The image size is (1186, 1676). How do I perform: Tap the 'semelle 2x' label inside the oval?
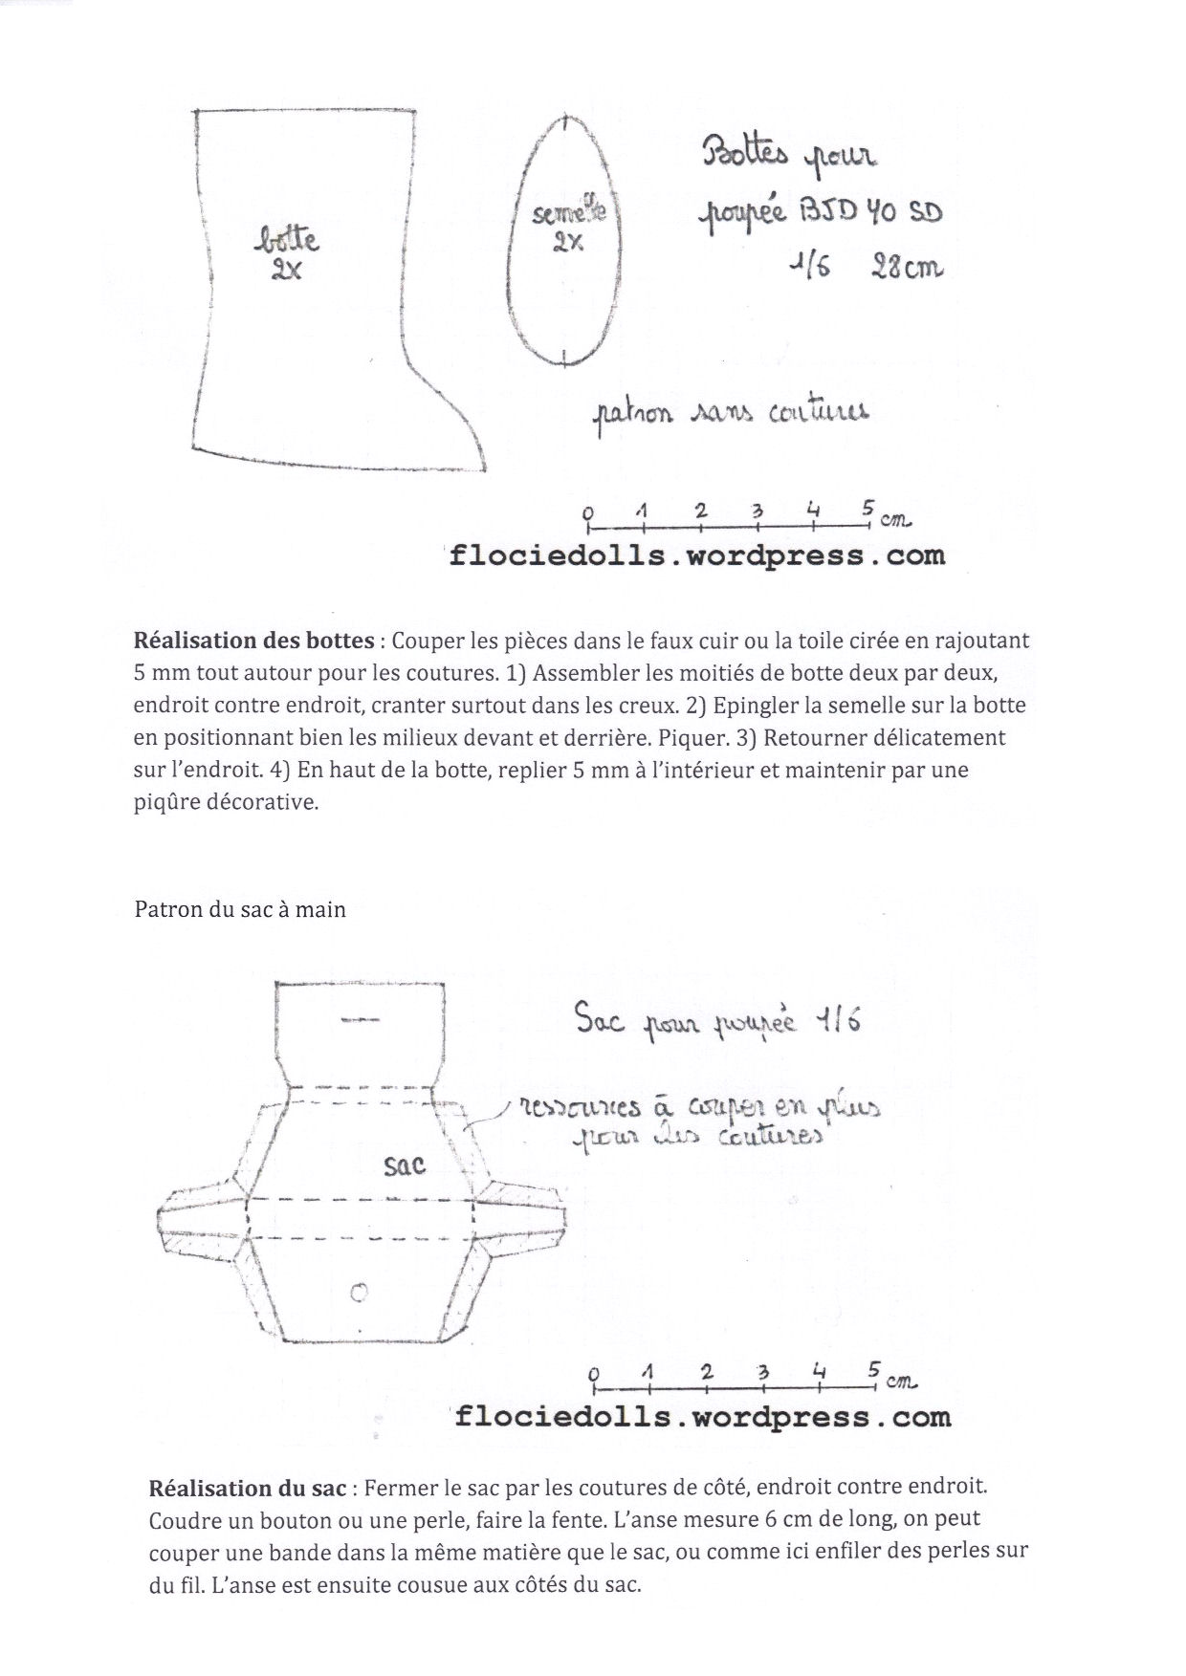pos(569,227)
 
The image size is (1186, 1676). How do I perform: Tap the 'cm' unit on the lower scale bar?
pos(902,1381)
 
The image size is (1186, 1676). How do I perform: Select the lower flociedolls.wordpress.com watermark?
pos(702,1416)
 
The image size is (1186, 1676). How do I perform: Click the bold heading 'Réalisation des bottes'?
pos(253,641)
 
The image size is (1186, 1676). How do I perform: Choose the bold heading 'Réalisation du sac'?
pos(249,1489)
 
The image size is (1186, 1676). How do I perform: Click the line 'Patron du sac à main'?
pos(240,909)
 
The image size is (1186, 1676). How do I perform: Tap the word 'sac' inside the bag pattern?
pos(404,1165)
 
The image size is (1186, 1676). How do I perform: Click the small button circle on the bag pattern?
pos(360,1293)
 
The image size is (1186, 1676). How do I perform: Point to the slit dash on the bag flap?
pos(360,1020)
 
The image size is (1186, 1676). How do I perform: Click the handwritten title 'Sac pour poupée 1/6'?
pos(717,1022)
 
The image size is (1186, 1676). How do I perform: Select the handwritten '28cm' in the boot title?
pos(906,269)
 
